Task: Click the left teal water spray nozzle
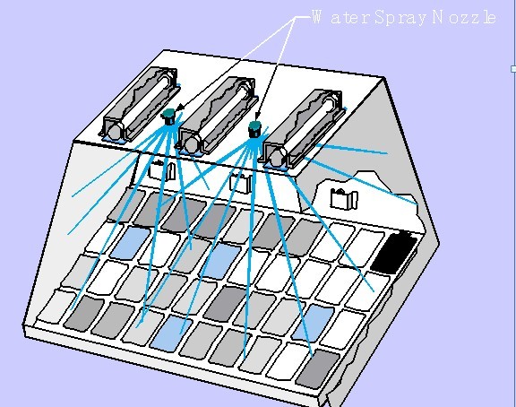click(x=168, y=117)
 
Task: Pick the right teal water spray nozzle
click(x=254, y=129)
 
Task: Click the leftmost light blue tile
click(x=130, y=243)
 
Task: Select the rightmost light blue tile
click(x=313, y=323)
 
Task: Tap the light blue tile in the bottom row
click(x=171, y=333)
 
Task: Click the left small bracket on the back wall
click(x=163, y=170)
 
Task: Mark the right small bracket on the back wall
click(x=344, y=198)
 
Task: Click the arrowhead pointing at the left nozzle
click(x=180, y=108)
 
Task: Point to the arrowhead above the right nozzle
click(x=257, y=117)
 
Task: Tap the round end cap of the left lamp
click(x=114, y=131)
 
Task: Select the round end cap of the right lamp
click(x=277, y=158)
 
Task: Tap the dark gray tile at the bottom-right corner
click(x=318, y=368)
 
